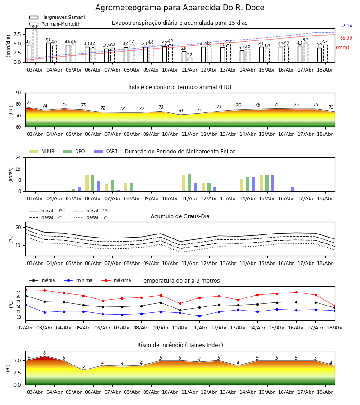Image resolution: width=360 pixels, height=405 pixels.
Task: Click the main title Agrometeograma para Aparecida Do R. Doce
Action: (180, 8)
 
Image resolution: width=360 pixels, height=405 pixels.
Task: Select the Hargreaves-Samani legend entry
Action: (57, 17)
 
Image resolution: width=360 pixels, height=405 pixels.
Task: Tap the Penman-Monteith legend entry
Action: (55, 24)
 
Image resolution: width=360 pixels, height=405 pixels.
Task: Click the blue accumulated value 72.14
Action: (346, 26)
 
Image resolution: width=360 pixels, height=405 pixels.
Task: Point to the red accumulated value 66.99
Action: (346, 38)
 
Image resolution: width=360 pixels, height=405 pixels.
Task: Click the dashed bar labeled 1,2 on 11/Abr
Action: (190, 60)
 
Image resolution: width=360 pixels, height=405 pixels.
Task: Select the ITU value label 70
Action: (180, 111)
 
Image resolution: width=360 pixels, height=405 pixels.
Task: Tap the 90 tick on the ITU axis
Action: (18, 93)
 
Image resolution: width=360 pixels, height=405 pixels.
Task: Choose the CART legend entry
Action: (105, 151)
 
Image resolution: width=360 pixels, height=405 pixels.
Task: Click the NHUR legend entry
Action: (42, 151)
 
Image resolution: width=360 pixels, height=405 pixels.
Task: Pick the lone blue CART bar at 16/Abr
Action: (292, 189)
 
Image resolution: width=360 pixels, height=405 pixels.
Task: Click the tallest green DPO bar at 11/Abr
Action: (190, 183)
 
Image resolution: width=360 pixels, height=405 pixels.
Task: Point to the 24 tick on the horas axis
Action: (18, 158)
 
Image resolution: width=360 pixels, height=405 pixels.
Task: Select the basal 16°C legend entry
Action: (92, 217)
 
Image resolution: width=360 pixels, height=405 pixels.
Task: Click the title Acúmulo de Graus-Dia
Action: (180, 216)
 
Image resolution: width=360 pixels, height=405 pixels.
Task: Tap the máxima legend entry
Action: (116, 280)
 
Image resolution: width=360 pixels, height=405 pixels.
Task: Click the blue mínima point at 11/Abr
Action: (199, 316)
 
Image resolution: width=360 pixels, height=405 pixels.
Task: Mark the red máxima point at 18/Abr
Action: (334, 306)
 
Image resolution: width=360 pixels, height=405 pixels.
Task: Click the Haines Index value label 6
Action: (45, 353)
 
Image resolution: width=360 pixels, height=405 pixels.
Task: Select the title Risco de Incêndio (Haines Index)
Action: (180, 345)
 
